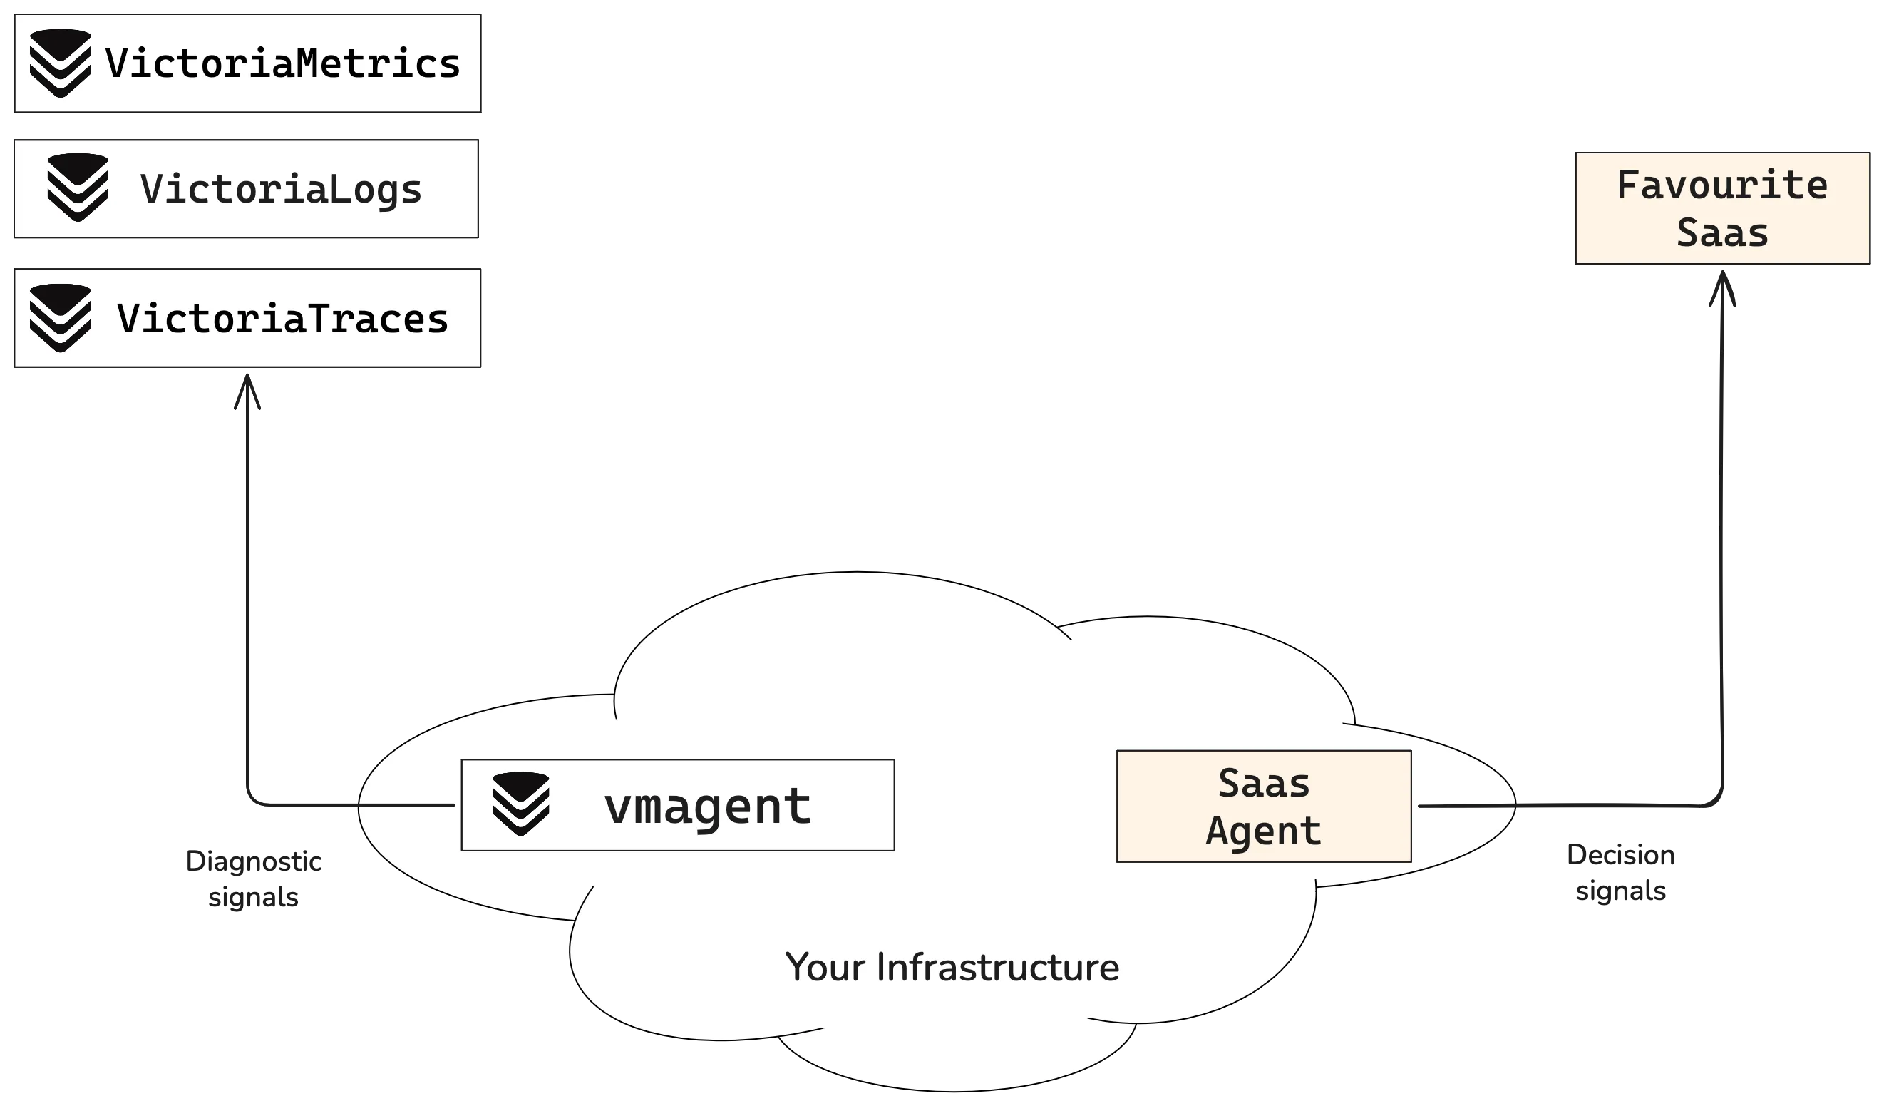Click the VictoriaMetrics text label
pos(282,63)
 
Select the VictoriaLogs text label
pos(281,189)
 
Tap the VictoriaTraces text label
pos(282,319)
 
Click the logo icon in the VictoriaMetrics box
pos(61,63)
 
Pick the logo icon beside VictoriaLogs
pos(78,188)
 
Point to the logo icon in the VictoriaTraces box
pos(61,318)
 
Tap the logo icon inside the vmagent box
pos(521,804)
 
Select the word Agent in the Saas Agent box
pos(1263,831)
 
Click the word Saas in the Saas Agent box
pos(1263,784)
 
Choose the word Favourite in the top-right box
pos(1721,185)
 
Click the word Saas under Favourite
pos(1721,232)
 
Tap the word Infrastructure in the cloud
pos(997,968)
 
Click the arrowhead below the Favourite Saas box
pos(1721,290)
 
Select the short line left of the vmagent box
pos(408,805)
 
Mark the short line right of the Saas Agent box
pos(1466,805)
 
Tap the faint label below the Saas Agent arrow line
pos(1622,873)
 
